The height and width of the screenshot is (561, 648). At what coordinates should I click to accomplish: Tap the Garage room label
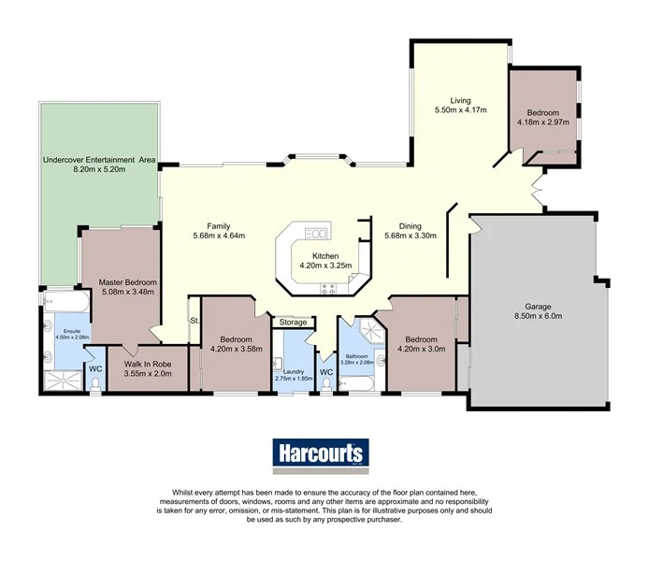click(x=538, y=307)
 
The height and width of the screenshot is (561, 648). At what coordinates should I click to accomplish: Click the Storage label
click(x=291, y=323)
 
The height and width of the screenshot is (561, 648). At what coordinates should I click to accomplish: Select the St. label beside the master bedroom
click(x=194, y=321)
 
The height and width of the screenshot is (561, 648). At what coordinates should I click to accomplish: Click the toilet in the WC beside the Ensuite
click(x=94, y=383)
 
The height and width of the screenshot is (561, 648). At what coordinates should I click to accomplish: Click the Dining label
click(x=410, y=225)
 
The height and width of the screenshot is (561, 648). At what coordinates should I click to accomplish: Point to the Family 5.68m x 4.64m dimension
click(x=219, y=236)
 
